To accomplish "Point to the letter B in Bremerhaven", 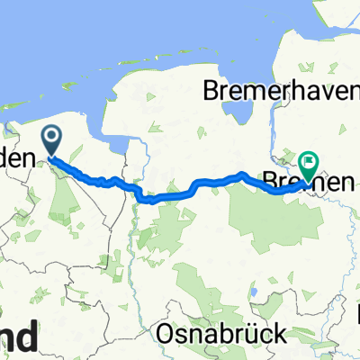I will (211, 91).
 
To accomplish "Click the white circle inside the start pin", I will (51, 137).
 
